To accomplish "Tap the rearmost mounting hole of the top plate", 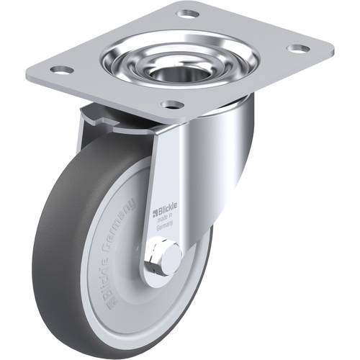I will click(x=187, y=13).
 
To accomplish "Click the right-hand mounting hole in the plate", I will click(x=297, y=49).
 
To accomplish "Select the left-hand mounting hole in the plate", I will click(x=62, y=70).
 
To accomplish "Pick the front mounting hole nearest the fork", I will click(x=171, y=105).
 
